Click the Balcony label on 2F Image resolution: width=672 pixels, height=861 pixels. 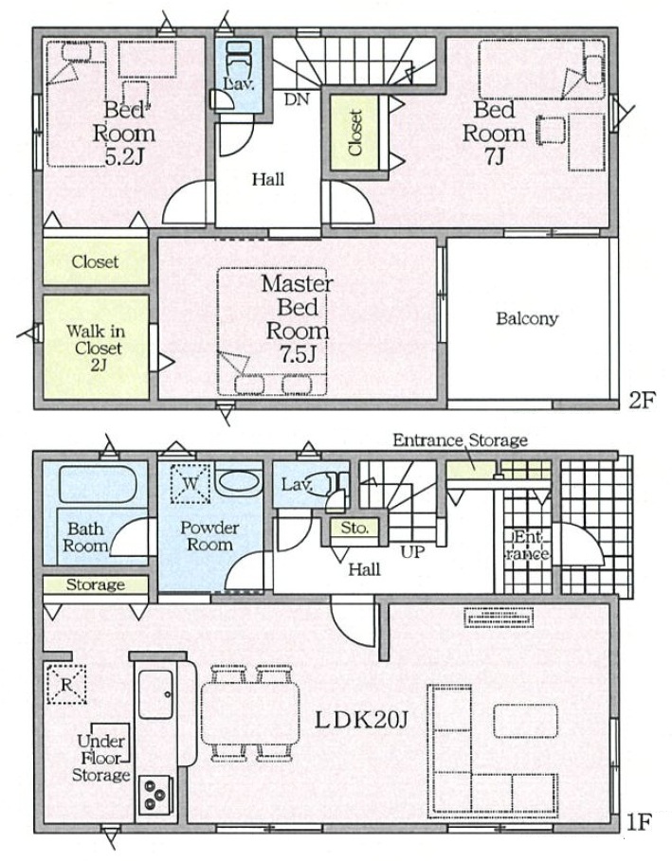click(x=526, y=318)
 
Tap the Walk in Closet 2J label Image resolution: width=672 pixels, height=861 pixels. click(x=96, y=348)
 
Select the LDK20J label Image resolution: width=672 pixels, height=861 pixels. click(x=360, y=721)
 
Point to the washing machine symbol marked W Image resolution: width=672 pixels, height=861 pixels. click(x=191, y=484)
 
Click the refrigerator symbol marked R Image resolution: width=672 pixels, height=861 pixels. click(x=66, y=684)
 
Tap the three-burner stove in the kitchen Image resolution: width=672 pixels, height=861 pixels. click(x=155, y=795)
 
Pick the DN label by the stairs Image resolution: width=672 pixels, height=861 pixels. click(x=297, y=99)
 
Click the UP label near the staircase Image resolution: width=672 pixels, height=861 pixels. click(x=412, y=552)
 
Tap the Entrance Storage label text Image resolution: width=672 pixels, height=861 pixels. click(x=460, y=440)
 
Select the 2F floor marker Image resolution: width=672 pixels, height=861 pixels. click(x=642, y=401)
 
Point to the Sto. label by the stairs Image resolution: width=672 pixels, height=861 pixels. click(x=354, y=529)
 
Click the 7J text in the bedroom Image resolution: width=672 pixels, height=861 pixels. click(x=494, y=157)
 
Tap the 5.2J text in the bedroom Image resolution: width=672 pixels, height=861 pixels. click(x=124, y=157)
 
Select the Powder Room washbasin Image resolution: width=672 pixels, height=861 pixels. click(x=238, y=481)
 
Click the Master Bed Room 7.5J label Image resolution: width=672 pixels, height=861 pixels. click(x=298, y=318)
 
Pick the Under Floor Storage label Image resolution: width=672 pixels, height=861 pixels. click(x=101, y=758)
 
